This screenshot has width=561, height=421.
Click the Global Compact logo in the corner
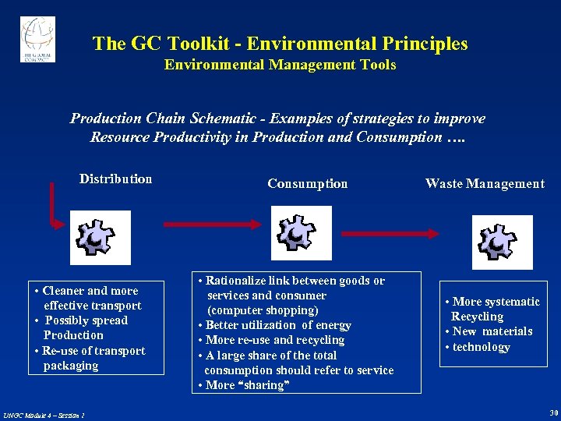click(x=37, y=40)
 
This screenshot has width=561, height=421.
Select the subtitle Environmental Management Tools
click(x=280, y=65)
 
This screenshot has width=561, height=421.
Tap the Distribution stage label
click(x=115, y=179)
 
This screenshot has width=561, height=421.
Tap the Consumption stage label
click(x=307, y=184)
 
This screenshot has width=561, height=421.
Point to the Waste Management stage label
click(x=485, y=184)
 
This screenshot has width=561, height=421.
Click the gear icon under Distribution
click(x=101, y=237)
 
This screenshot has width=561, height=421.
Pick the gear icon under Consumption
click(x=301, y=232)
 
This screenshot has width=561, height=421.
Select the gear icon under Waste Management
click(x=502, y=242)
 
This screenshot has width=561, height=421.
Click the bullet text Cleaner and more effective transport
click(x=90, y=298)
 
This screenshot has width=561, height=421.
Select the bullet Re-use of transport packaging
click(x=92, y=358)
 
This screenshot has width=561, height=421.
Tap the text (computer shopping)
click(x=262, y=310)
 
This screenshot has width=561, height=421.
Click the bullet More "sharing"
click(x=245, y=385)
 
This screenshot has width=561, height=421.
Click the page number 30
click(x=552, y=412)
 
